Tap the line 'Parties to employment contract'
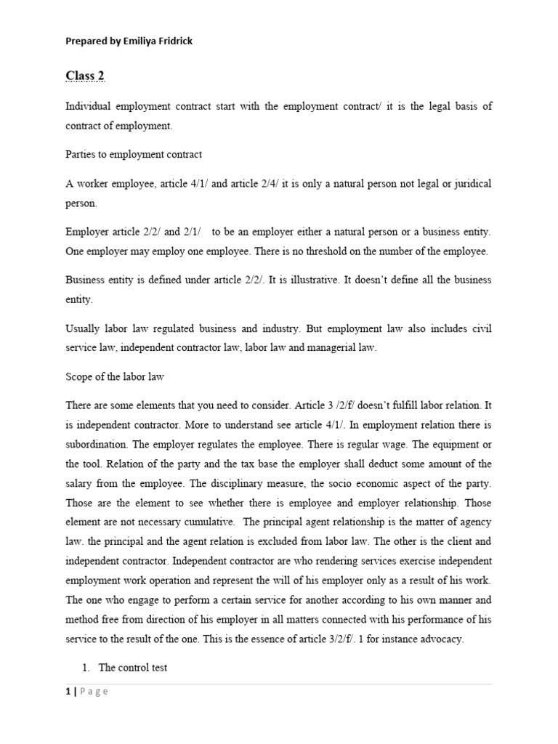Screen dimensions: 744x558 coord(134,154)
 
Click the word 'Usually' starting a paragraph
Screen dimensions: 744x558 coord(84,328)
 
